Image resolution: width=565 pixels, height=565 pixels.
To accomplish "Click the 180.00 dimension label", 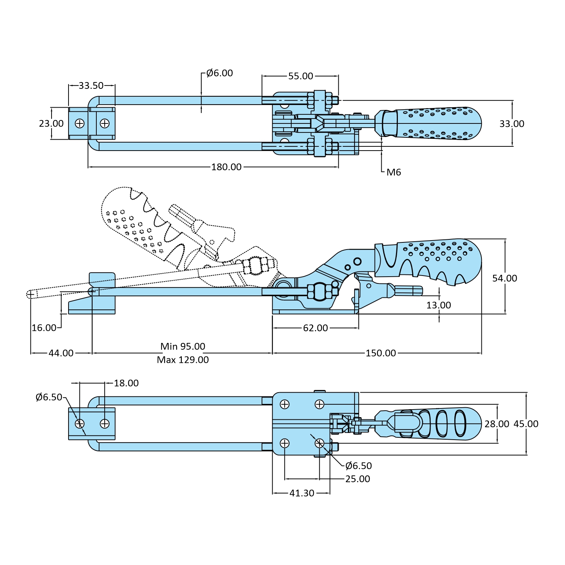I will (226, 167).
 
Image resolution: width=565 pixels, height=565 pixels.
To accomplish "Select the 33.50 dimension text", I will (91, 85).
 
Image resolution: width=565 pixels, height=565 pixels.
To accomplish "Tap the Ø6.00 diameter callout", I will (219, 73).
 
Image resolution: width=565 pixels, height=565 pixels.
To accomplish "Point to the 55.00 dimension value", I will (300, 76).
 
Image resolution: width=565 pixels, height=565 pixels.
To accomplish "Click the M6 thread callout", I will (394, 172).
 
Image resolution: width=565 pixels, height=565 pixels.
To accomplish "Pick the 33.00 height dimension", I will (512, 123).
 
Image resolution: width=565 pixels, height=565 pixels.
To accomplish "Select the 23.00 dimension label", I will (51, 123).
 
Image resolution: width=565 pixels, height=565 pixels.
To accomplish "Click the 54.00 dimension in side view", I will (504, 278).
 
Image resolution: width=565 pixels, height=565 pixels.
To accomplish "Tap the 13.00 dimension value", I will (439, 305).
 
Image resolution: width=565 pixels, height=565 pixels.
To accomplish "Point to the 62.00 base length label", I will (315, 328).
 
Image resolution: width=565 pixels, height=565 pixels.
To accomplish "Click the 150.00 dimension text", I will (381, 353).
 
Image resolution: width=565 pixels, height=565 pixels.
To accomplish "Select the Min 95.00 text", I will (183, 346).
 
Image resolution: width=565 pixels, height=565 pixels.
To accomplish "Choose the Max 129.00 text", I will (183, 360).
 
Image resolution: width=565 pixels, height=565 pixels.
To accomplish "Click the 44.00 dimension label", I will (61, 353).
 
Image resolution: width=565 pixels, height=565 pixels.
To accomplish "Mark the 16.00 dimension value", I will (44, 328).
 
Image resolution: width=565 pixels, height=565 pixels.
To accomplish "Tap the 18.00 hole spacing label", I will (126, 383).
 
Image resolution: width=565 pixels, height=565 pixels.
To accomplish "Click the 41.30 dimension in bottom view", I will (302, 493).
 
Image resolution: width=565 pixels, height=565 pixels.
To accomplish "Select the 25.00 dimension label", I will (358, 479).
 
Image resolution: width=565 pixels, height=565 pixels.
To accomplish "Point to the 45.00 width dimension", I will (526, 424).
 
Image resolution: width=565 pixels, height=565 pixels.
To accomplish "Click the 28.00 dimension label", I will (496, 424).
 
